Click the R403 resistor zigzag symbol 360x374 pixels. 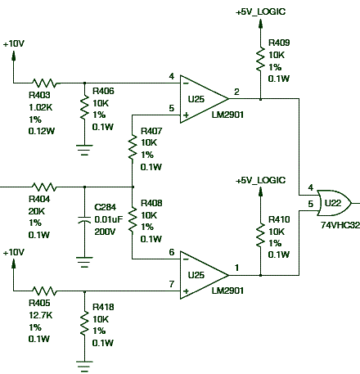tap(44, 83)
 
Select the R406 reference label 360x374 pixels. tap(103, 91)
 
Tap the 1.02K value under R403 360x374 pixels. tap(40, 107)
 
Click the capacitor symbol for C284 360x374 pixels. tap(84, 220)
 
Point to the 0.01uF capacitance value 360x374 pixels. tap(109, 219)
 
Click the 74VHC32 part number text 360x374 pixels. tap(340, 225)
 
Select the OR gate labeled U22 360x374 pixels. tap(334, 203)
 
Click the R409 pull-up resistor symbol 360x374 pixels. tap(260, 59)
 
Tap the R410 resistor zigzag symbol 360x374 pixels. tap(260, 235)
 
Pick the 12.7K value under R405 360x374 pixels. tap(40, 315)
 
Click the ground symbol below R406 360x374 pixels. tap(84, 150)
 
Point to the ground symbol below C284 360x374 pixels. tap(84, 262)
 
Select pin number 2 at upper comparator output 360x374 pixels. tap(236, 92)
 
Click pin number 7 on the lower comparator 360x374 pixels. tap(171, 284)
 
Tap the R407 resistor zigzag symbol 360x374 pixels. tap(133, 147)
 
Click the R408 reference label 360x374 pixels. tap(151, 203)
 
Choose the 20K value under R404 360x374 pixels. tap(37, 211)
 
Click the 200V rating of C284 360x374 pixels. tap(105, 232)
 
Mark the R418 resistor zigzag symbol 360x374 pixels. tap(84, 323)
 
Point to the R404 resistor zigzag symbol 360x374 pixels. tap(44, 187)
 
